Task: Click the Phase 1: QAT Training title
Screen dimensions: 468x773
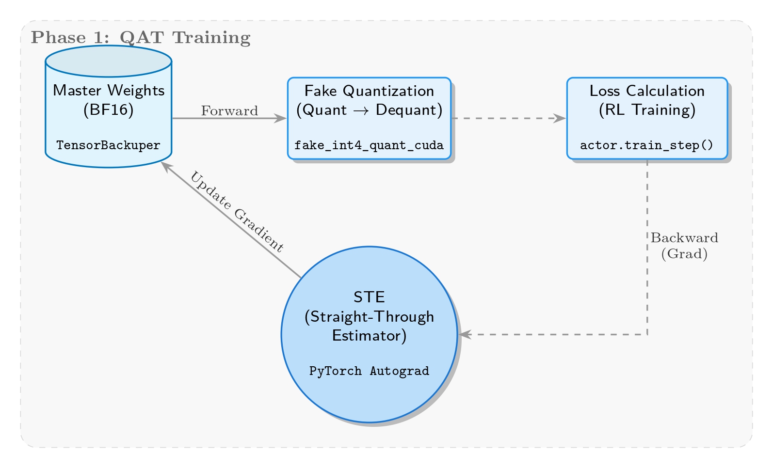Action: click(141, 37)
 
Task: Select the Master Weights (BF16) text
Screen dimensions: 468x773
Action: click(109, 100)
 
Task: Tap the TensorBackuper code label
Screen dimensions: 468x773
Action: click(109, 145)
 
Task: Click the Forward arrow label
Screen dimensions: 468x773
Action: click(229, 111)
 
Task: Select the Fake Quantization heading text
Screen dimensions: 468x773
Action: click(369, 91)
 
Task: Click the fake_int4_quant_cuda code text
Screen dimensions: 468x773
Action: click(369, 145)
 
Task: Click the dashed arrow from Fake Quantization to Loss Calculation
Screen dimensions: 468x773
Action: click(504, 118)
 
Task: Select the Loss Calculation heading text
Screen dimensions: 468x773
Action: click(647, 91)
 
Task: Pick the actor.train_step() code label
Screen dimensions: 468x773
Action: click(647, 145)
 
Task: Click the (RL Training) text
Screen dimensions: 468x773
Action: click(647, 110)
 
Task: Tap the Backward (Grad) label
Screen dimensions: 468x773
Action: click(684, 246)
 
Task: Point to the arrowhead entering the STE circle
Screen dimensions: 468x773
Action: click(464, 334)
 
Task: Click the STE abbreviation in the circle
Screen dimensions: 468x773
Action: click(369, 297)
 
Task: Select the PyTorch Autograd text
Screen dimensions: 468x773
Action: click(369, 371)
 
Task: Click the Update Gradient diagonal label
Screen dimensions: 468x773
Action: click(236, 212)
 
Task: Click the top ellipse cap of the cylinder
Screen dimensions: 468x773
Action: click(109, 62)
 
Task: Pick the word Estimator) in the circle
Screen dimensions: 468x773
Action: click(369, 335)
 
